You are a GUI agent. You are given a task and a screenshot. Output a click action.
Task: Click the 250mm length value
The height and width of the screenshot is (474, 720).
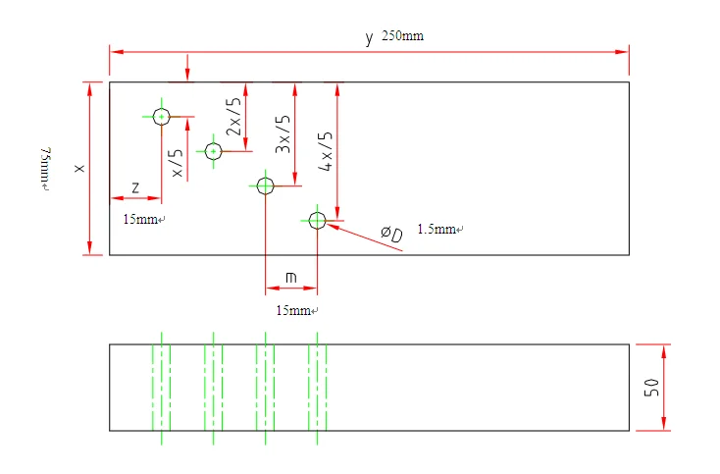402,36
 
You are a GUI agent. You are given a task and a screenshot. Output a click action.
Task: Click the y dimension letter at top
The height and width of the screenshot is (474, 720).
369,38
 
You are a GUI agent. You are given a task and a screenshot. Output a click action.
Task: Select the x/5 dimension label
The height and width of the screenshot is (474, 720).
177,163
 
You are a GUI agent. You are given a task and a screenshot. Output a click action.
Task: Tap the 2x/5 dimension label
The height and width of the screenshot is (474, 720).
232,117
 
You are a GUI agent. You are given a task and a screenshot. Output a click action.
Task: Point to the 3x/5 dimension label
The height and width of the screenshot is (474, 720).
283,133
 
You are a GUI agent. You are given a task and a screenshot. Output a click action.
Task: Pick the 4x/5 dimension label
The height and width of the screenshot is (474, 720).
326,152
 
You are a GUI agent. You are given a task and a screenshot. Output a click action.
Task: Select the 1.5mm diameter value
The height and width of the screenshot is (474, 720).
438,230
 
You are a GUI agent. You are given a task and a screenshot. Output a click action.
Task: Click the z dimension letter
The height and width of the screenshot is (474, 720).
134,186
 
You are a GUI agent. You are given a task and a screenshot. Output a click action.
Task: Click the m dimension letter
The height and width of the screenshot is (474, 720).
291,278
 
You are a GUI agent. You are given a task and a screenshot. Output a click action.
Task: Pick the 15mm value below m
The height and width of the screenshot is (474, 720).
294,310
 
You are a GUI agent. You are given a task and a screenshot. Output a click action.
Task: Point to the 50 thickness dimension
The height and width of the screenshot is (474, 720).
650,387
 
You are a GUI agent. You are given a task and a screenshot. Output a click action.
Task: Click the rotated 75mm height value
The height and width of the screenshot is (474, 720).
43,169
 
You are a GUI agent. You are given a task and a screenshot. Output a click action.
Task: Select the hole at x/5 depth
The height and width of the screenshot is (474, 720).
162,116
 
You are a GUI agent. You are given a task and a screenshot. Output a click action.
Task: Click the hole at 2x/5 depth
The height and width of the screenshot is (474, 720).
213,151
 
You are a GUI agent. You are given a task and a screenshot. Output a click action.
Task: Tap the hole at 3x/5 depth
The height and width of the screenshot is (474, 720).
265,184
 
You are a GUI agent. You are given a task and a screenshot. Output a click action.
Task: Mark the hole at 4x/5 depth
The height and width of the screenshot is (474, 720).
317,221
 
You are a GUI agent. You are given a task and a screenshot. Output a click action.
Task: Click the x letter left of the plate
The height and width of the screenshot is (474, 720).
79,169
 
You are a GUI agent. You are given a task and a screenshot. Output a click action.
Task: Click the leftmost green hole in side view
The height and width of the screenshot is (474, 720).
161,387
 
